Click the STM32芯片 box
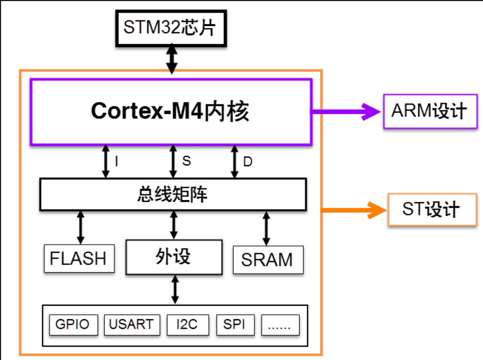point(171,28)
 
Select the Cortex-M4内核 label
point(170,111)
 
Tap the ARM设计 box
point(430,111)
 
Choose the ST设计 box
point(432,209)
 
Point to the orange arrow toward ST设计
point(354,210)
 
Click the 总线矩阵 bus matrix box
point(173,194)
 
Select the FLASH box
point(79,259)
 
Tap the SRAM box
point(268,260)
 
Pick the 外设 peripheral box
point(174,257)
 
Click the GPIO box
point(73,325)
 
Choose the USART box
point(132,325)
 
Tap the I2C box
point(188,325)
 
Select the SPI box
point(235,325)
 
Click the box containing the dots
point(280,325)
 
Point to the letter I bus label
point(116,161)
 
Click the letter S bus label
point(186,161)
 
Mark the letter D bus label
point(248,162)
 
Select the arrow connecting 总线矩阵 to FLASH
point(80,227)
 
